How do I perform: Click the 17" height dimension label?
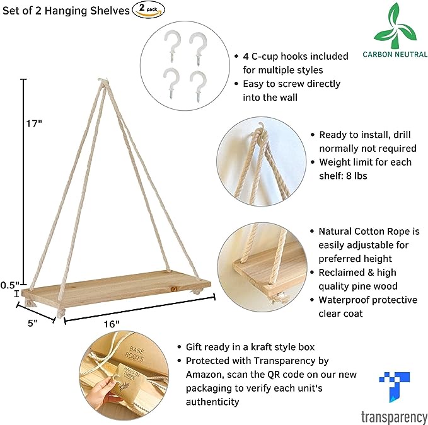tap(34, 123)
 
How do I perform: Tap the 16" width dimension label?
tap(112, 324)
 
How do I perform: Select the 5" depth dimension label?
tap(33, 323)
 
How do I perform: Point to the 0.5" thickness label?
tap(10, 285)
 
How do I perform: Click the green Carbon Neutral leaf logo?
tap(395, 27)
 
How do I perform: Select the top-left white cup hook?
tap(173, 45)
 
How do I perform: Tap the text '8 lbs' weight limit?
tap(356, 176)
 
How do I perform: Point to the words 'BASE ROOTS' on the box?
tap(134, 354)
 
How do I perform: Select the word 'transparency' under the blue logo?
tap(394, 417)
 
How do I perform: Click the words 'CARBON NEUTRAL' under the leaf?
tap(395, 54)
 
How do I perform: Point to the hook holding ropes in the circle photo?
tap(261, 132)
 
